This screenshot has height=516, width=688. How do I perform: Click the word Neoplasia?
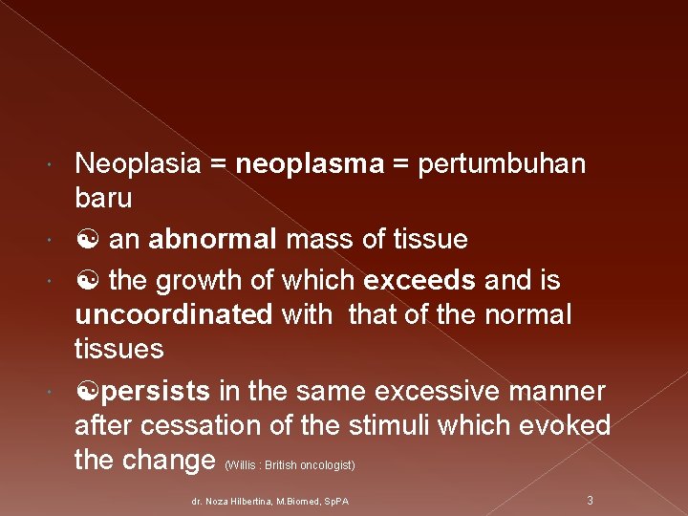pyautogui.click(x=138, y=164)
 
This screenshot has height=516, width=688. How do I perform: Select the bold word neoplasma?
pyautogui.click(x=309, y=164)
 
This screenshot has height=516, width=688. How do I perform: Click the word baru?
pyautogui.click(x=103, y=199)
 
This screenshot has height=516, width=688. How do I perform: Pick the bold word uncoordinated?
pyautogui.click(x=173, y=315)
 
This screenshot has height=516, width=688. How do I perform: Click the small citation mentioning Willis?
pyautogui.click(x=290, y=465)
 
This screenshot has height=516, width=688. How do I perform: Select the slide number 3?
pyautogui.click(x=590, y=500)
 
